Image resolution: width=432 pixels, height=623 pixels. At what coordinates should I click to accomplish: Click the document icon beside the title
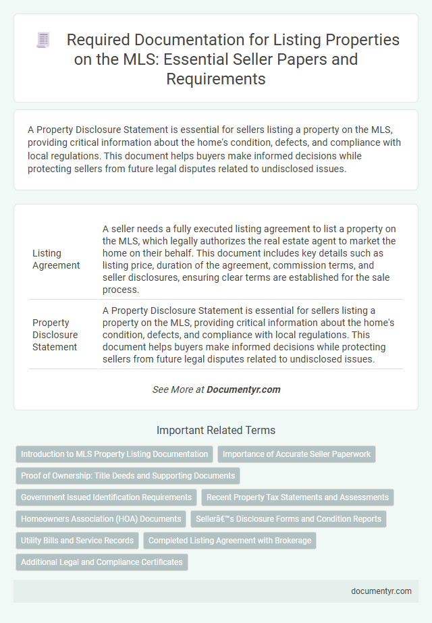tap(43, 40)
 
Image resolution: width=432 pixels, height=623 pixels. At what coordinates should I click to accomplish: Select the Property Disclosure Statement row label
tap(55, 334)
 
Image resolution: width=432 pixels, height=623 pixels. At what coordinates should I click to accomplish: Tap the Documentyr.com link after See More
tap(243, 389)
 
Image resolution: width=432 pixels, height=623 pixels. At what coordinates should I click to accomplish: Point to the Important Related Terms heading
tap(216, 430)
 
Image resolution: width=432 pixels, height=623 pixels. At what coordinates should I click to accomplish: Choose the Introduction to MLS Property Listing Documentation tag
tap(114, 454)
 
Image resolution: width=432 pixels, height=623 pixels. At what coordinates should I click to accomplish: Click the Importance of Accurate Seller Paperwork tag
tap(296, 454)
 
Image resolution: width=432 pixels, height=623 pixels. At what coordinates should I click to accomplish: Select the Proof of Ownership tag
tap(128, 476)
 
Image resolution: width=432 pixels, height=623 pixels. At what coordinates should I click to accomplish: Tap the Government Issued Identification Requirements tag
tap(106, 497)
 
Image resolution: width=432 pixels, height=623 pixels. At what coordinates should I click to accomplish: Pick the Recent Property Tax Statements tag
tap(297, 497)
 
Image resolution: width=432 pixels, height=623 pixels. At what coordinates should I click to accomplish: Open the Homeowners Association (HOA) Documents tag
tap(101, 519)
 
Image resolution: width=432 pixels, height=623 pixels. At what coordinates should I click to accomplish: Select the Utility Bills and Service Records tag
tap(77, 541)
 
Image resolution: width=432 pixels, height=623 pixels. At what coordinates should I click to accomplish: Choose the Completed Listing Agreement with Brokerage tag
tap(230, 541)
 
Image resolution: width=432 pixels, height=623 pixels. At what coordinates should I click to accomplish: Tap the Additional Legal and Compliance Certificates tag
tap(102, 562)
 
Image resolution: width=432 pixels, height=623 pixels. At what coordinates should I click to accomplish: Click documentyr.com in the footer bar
tap(381, 591)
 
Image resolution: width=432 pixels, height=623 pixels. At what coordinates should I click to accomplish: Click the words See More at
tap(178, 389)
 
